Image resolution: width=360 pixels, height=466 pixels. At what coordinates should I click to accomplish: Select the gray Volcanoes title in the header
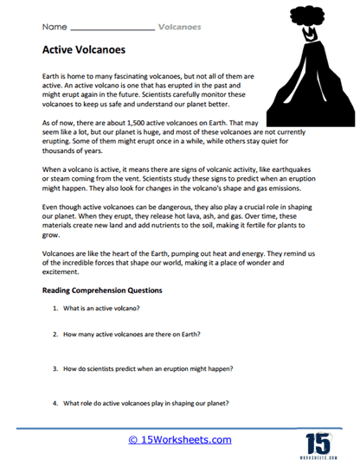tap(180, 27)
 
